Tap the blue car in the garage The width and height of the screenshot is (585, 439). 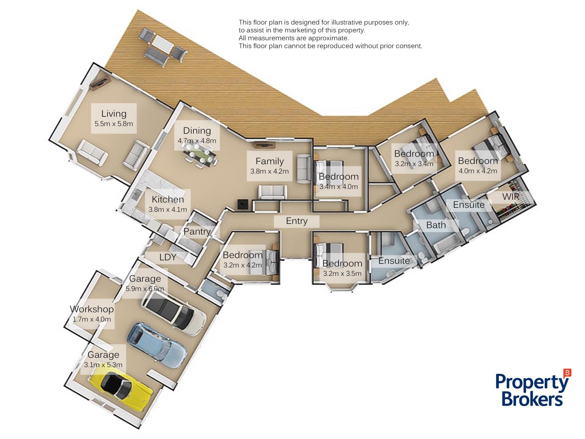pos(155,345)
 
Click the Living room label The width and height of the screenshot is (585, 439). pos(114,114)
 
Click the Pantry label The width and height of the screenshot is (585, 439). pos(197,231)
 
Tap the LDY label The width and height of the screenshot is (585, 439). pos(167,257)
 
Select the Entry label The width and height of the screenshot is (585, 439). pos(297,221)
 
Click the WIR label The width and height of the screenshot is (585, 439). pos(511,197)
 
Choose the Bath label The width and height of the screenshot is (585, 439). pos(436,225)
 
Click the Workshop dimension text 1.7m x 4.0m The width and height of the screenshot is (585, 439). pos(92,319)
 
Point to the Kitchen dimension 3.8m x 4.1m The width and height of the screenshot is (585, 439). pos(167,210)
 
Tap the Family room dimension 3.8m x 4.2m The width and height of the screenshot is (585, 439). pos(269,171)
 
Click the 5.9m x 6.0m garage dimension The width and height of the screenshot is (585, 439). pos(145,289)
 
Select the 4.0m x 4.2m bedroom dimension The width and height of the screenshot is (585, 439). pos(478,171)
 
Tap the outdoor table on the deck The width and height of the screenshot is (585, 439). pos(162,44)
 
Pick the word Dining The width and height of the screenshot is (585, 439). pos(197,131)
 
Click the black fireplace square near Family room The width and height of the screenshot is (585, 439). pos(243,205)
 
